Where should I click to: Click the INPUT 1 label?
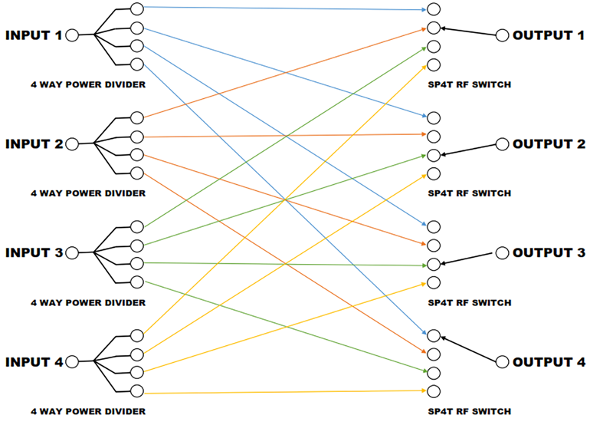(x=34, y=35)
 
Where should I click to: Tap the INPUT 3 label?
(x=34, y=252)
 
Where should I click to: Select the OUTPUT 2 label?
(x=548, y=144)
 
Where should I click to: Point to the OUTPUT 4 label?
(x=548, y=361)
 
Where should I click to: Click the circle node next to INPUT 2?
(x=73, y=144)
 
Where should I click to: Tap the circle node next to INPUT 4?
(x=73, y=361)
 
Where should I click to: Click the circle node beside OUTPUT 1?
(x=503, y=35)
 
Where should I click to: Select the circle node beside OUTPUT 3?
(x=503, y=252)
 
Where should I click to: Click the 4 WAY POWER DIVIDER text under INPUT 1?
(x=88, y=84)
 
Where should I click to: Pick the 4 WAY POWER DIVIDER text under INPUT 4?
(x=88, y=411)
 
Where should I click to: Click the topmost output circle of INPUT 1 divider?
(x=137, y=9)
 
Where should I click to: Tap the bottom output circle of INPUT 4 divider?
(x=137, y=391)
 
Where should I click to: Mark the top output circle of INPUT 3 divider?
(x=137, y=227)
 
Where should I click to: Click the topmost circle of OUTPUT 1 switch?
(x=433, y=10)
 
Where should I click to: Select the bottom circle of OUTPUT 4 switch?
(x=433, y=391)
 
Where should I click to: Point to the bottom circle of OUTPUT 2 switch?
(x=433, y=173)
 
